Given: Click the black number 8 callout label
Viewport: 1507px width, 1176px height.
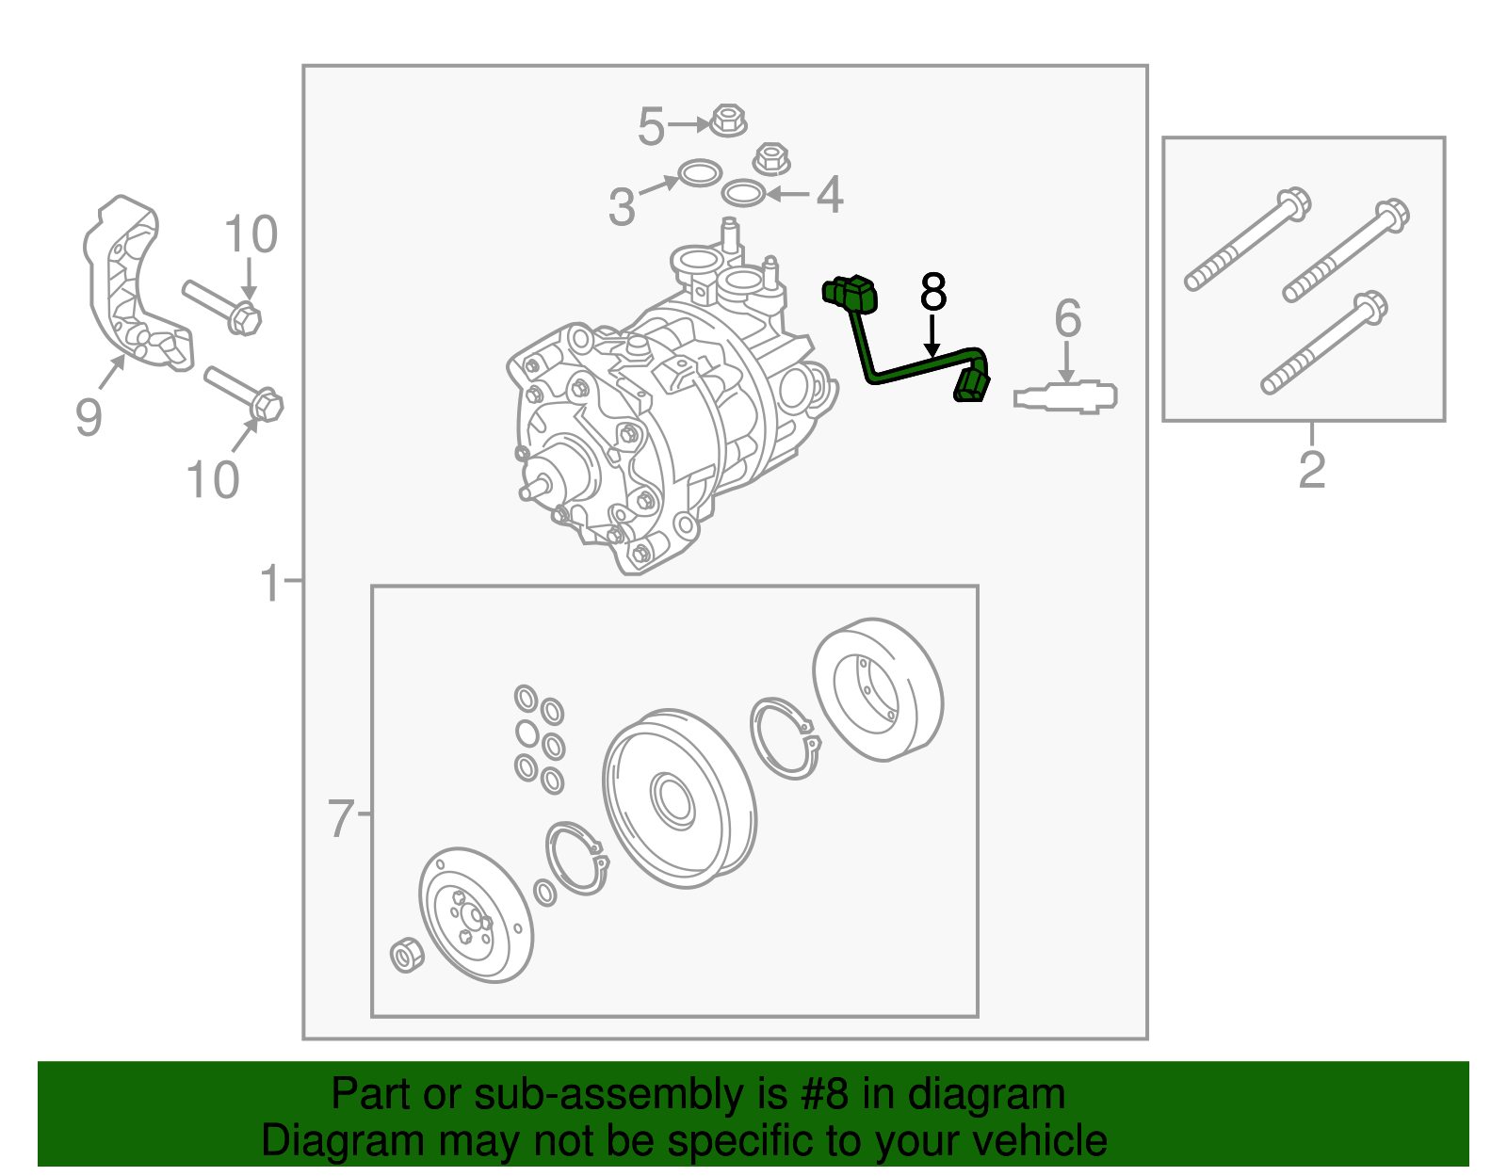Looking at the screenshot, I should pyautogui.click(x=932, y=293).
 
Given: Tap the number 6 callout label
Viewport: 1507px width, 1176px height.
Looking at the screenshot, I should pyautogui.click(x=1067, y=319).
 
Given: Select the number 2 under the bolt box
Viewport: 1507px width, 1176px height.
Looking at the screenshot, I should pyautogui.click(x=1312, y=470).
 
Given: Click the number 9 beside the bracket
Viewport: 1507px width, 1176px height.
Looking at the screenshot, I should pyautogui.click(x=89, y=417).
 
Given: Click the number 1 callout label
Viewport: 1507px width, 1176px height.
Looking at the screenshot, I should pyautogui.click(x=270, y=584).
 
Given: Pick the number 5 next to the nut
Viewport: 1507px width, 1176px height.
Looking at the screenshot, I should pyautogui.click(x=651, y=126).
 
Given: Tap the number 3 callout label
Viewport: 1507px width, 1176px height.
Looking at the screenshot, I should pyautogui.click(x=622, y=207).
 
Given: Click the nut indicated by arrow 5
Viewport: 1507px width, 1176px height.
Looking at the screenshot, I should pyautogui.click(x=727, y=120).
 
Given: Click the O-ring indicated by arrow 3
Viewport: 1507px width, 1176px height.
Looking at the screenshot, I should pyautogui.click(x=700, y=173).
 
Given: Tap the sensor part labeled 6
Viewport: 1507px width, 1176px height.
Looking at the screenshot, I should pyautogui.click(x=1066, y=396).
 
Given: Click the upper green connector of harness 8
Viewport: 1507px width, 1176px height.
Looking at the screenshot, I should pyautogui.click(x=851, y=294).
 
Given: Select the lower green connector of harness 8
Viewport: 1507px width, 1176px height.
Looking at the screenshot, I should pyautogui.click(x=972, y=386).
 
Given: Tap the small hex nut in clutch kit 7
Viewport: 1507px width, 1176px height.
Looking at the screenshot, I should pyautogui.click(x=406, y=957).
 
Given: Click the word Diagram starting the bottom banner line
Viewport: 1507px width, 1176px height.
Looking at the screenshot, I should pyautogui.click(x=320, y=1140).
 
